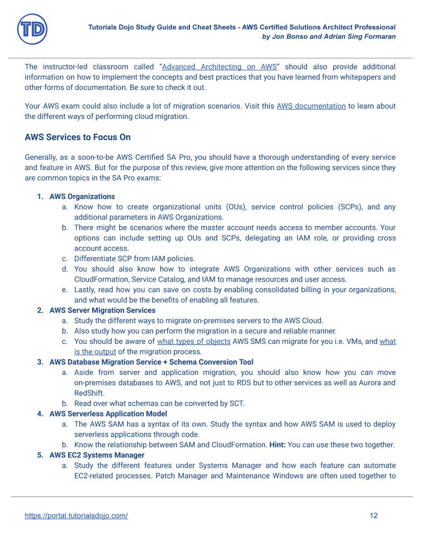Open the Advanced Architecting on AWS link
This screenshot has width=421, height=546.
(219, 67)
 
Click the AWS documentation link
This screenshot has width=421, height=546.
(311, 106)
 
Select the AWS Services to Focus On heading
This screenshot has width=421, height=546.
(78, 137)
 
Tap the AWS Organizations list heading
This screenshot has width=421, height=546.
(82, 196)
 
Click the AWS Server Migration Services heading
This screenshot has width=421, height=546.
(102, 310)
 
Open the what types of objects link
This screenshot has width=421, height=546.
(194, 341)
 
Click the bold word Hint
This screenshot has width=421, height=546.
(279, 444)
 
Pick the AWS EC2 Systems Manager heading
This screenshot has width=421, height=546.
(97, 455)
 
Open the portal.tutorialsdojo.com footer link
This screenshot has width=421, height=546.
(76, 516)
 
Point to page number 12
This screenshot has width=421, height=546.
(374, 516)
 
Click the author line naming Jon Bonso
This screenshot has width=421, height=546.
(329, 37)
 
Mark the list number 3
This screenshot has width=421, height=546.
(40, 362)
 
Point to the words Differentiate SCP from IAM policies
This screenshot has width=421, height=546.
(135, 259)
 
